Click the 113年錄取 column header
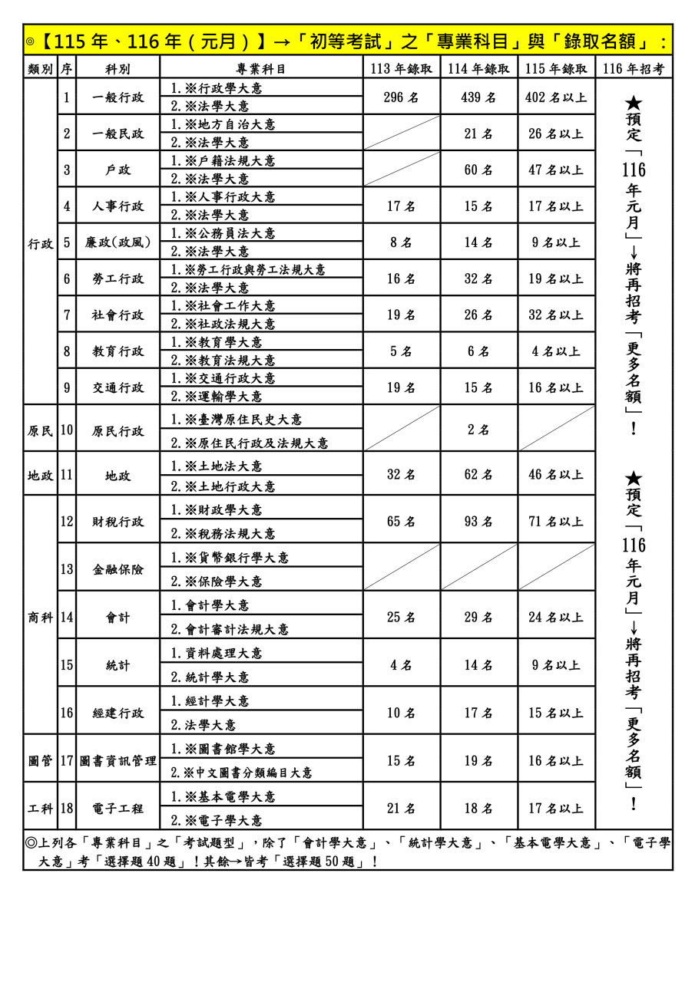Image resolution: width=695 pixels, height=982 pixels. point(401,68)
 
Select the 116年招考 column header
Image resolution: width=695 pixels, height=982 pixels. point(633,68)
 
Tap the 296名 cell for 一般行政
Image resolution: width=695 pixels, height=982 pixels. point(401,97)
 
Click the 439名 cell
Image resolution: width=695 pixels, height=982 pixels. point(478,97)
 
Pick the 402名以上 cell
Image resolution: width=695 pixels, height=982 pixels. point(556,97)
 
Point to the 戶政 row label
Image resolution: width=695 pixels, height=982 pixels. point(117,170)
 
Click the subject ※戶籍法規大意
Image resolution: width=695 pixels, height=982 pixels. point(223,161)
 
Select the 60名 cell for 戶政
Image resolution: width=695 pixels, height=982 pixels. point(478,170)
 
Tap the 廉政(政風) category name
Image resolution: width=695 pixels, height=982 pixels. point(117,242)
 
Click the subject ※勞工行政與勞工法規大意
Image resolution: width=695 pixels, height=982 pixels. point(248,270)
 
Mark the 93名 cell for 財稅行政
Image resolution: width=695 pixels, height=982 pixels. point(478,522)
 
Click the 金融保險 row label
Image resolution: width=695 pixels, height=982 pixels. point(117,569)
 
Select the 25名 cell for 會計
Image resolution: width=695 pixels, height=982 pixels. point(401,618)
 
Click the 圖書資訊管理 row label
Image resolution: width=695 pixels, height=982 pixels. point(117,761)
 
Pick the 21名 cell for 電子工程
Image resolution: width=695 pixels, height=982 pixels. point(401,809)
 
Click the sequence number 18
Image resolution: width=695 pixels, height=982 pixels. point(67,809)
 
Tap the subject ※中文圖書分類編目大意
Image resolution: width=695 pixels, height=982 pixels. point(242,773)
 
